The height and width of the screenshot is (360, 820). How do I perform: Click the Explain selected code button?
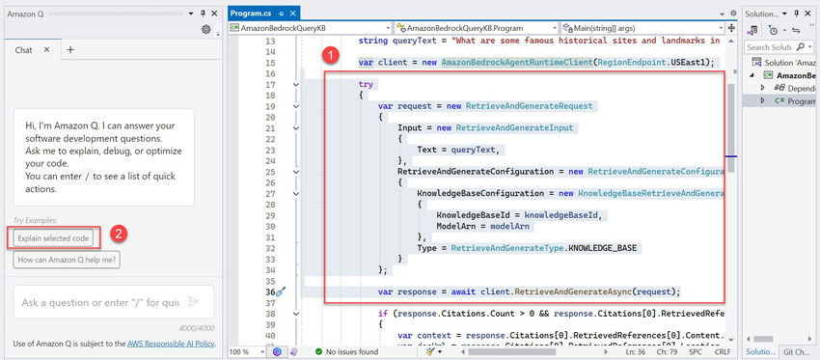[x=54, y=237]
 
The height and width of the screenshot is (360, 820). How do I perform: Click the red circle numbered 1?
[x=330, y=56]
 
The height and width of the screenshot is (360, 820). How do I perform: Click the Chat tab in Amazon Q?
[x=25, y=49]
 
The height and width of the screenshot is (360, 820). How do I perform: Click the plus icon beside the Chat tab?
[x=69, y=49]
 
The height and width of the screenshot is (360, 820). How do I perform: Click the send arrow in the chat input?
[x=194, y=302]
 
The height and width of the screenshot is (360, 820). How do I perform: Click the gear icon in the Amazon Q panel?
[x=205, y=29]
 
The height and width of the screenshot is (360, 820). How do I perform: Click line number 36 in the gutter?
[x=272, y=291]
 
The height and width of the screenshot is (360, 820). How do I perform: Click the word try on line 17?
[x=366, y=85]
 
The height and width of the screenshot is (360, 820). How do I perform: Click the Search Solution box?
[x=771, y=46]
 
